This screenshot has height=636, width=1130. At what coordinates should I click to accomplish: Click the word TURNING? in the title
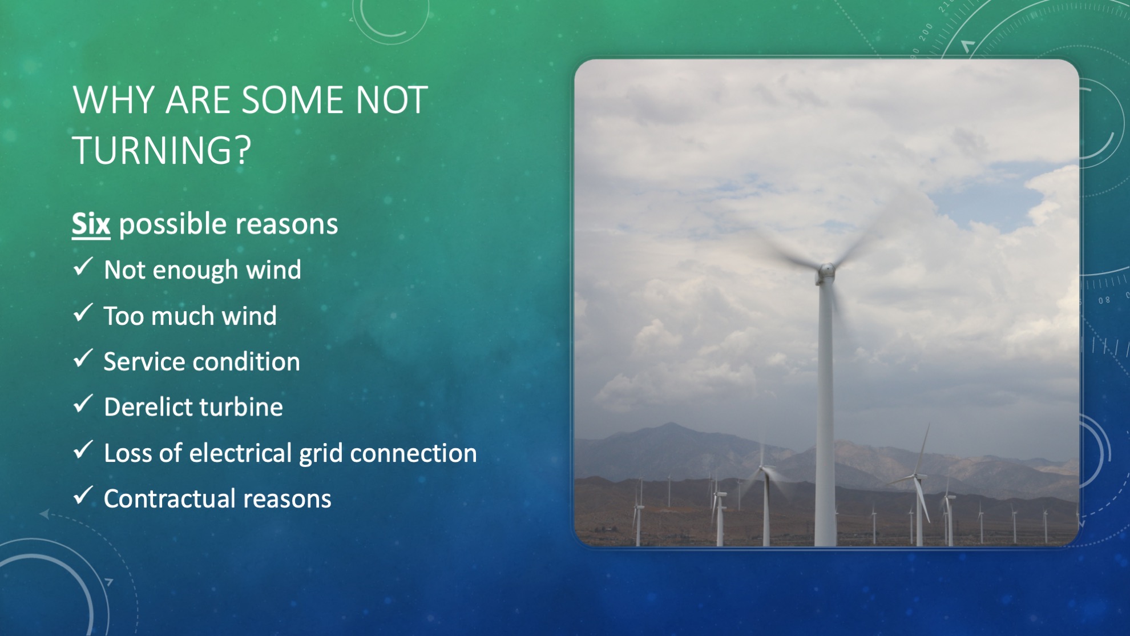(162, 150)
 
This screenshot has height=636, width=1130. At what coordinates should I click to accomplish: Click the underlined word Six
(91, 224)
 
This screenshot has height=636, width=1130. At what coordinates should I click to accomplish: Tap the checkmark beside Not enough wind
(83, 267)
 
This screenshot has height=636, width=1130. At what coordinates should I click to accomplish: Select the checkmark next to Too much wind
(83, 313)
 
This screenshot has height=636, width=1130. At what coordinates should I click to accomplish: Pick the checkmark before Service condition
(83, 359)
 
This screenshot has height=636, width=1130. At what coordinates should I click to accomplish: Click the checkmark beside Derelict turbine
(83, 404)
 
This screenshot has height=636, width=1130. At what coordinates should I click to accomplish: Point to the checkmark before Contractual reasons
(83, 496)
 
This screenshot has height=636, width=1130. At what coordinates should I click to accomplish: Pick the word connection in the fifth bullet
(413, 453)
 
